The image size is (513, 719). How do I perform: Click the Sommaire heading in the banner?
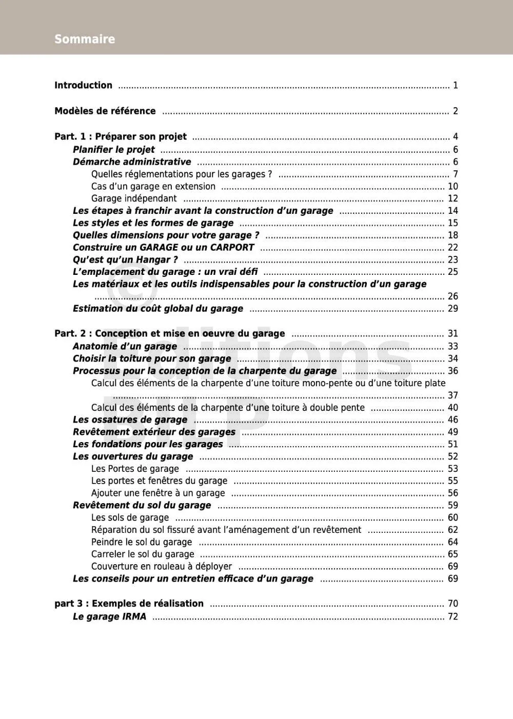85,39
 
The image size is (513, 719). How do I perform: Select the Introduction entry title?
83,85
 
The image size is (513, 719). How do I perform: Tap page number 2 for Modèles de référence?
455,111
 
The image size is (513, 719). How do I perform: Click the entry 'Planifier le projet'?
113,150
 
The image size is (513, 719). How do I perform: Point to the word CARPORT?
232,247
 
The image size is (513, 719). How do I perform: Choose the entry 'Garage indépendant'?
134,198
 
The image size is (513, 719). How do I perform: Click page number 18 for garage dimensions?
452,235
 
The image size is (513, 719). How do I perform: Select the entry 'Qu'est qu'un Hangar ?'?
125,259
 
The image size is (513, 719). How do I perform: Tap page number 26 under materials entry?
452,296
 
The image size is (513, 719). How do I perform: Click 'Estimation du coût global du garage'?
158,308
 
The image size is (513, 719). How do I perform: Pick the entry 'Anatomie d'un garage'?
125,346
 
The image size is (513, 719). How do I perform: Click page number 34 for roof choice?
452,358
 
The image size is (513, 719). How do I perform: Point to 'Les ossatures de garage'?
130,420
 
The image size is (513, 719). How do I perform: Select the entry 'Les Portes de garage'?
135,469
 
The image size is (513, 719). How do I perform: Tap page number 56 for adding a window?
452,493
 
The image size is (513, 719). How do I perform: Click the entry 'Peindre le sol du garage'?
142,542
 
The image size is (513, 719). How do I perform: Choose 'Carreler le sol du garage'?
143,554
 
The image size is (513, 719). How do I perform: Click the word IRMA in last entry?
134,616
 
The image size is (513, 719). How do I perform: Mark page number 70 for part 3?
452,604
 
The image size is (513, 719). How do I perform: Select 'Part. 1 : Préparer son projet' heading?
121,136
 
